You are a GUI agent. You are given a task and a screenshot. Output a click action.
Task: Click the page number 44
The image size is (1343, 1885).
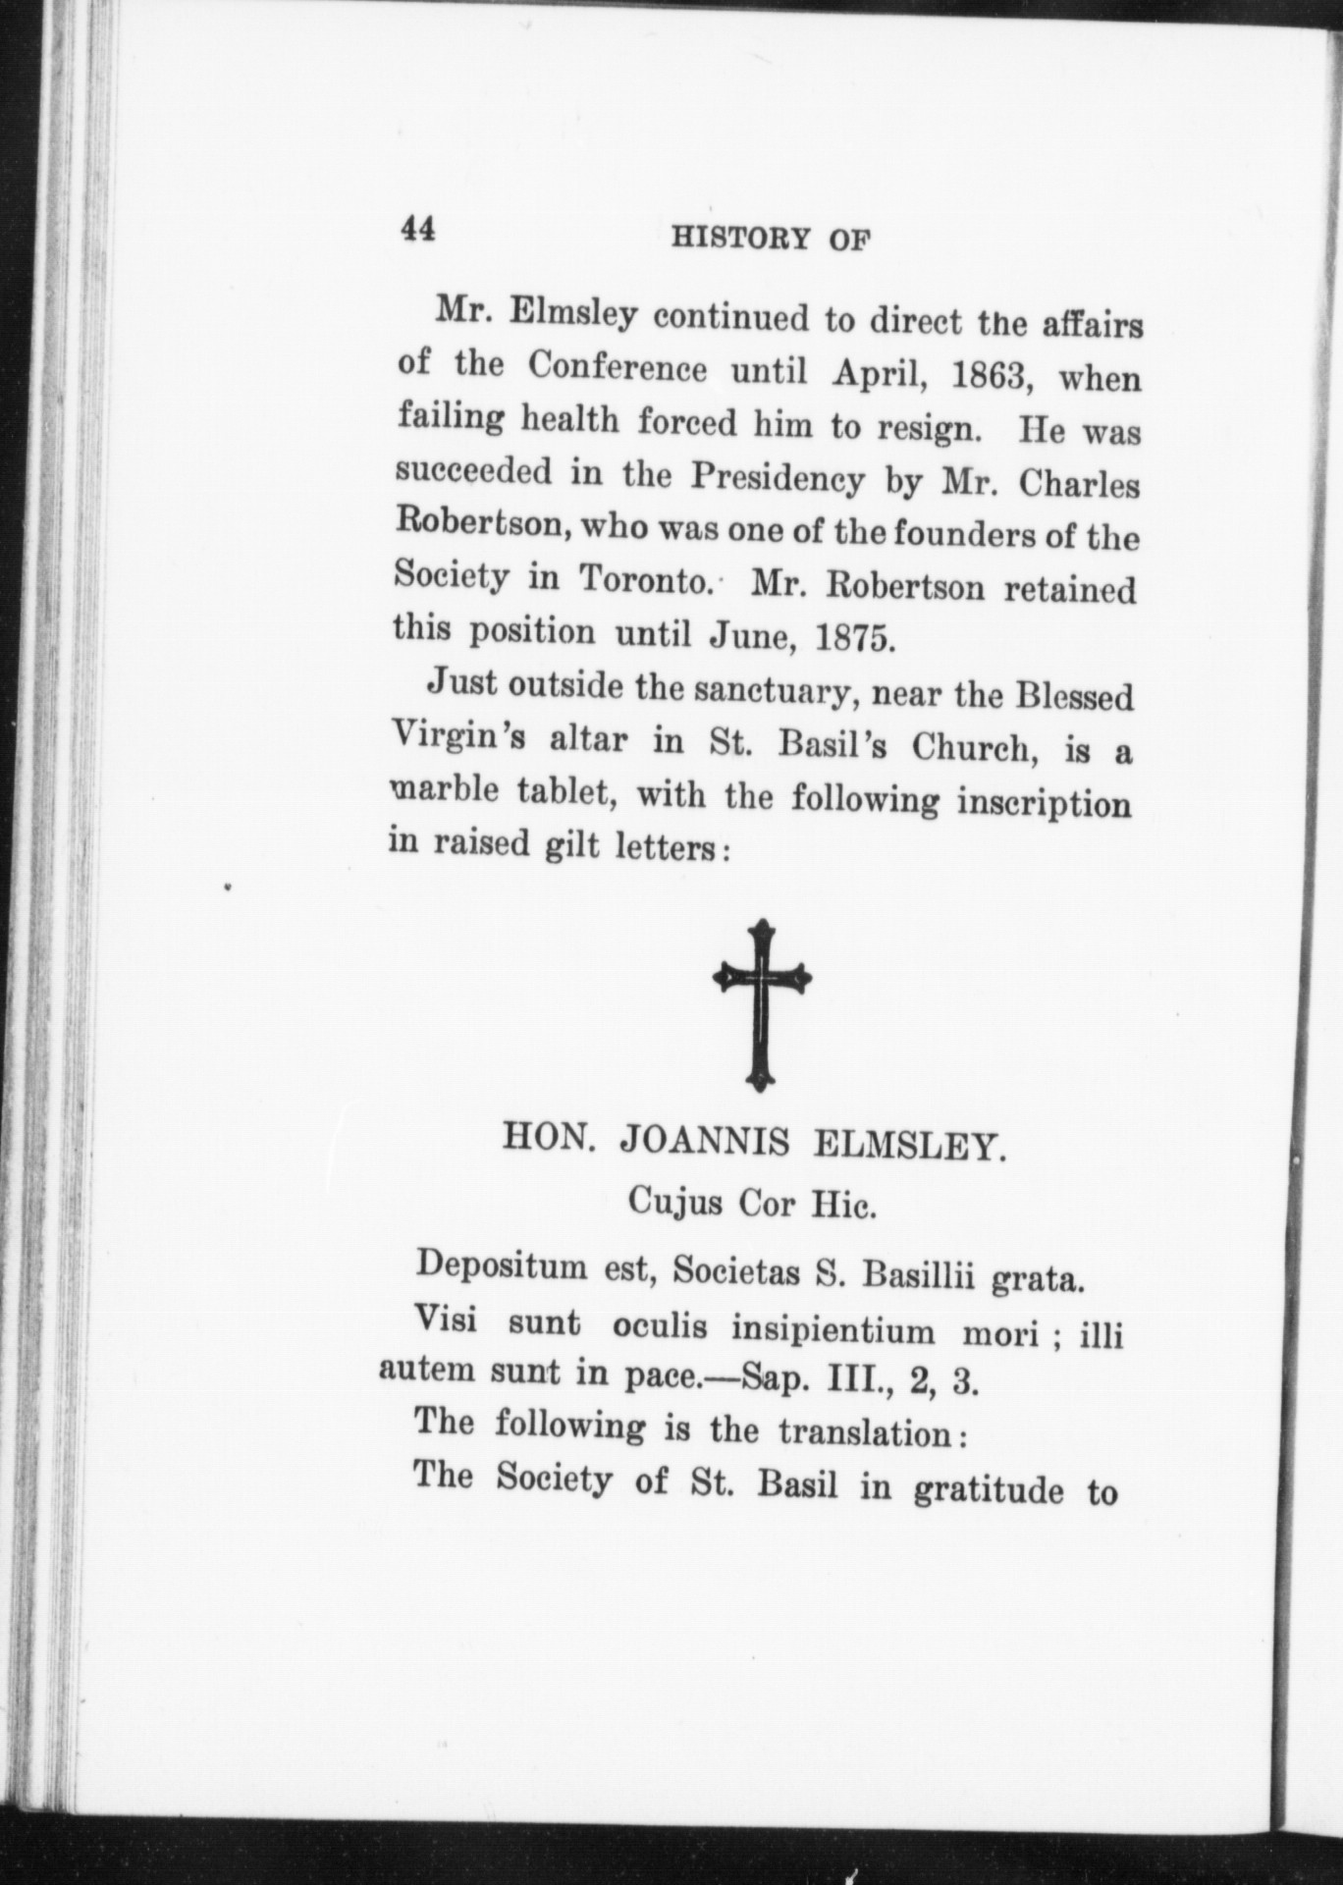click(418, 230)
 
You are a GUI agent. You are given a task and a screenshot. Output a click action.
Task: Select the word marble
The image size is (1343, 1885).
click(441, 790)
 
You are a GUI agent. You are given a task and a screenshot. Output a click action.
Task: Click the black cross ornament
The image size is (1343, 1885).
click(762, 1004)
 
